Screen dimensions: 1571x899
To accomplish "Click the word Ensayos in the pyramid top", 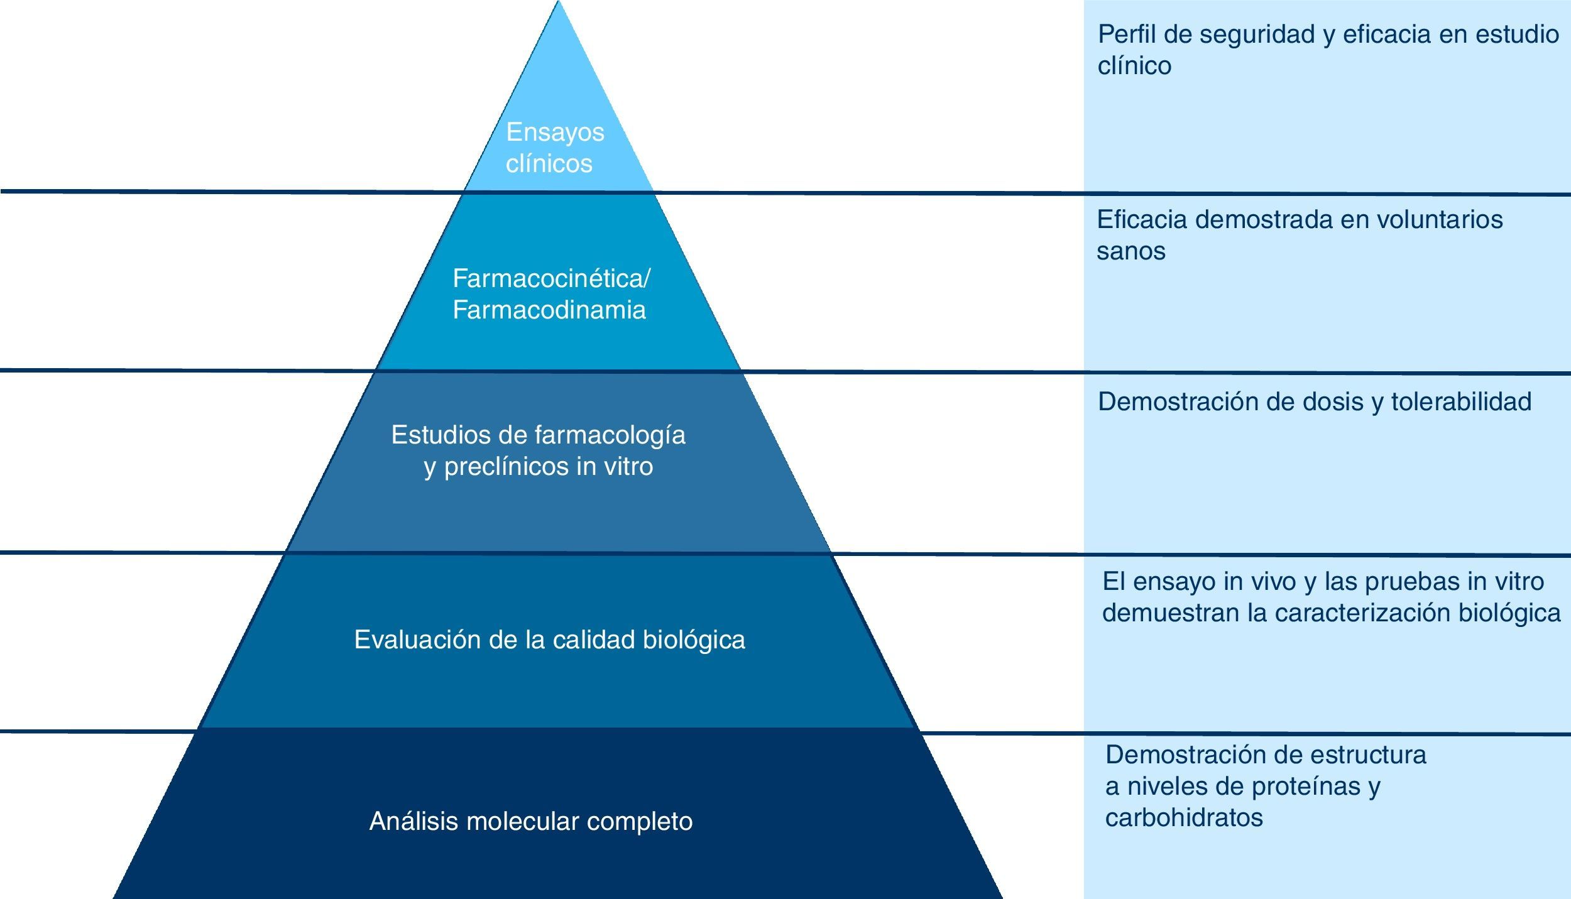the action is coord(555,133).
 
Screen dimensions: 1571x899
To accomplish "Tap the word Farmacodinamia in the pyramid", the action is coord(549,310).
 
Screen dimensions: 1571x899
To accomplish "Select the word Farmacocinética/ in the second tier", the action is coord(551,278).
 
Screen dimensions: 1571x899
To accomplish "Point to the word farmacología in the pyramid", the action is coord(610,435).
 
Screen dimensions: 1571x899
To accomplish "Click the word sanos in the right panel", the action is coord(1130,251).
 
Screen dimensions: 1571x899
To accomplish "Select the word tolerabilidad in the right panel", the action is coord(1461,402).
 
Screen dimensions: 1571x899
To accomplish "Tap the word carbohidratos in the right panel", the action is coord(1184,818).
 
